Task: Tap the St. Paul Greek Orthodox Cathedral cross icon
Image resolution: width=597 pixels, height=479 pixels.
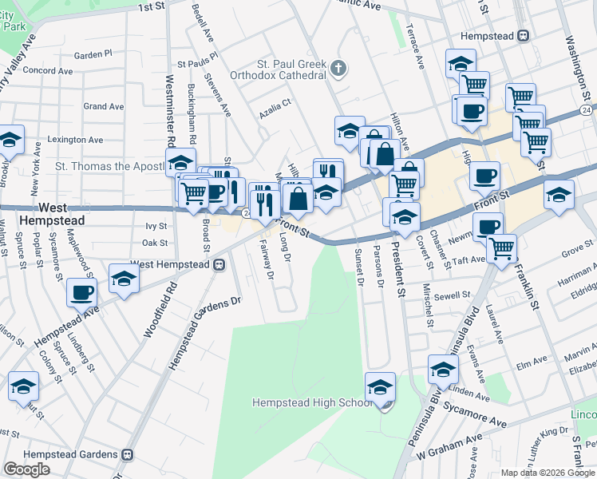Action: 338,69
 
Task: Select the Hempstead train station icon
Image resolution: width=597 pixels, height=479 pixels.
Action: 524,35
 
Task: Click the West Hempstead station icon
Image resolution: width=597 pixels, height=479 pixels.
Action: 218,264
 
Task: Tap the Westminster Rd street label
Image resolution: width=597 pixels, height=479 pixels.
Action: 170,111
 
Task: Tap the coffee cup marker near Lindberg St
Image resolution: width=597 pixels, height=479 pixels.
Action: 82,292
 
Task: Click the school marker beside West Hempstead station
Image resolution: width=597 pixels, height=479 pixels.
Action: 124,279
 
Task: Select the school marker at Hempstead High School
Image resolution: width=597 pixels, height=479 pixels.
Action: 380,388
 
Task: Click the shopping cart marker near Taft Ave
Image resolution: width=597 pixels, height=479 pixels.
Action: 501,248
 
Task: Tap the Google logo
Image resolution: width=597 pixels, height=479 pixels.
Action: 26,469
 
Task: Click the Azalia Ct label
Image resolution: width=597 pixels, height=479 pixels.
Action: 275,114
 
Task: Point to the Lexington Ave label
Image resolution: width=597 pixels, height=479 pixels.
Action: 75,140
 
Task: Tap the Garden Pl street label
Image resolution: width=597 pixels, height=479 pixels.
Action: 93,54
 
